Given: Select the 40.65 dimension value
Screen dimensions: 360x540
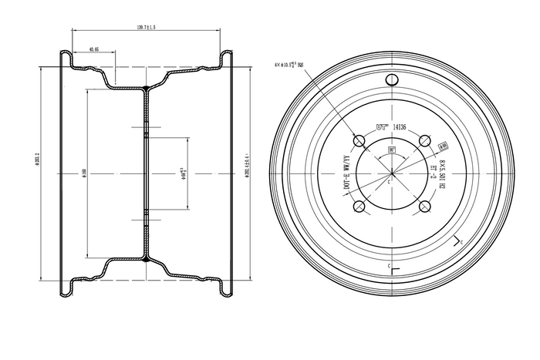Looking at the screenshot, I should pyautogui.click(x=94, y=49).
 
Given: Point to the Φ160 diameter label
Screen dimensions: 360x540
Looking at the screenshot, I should pyautogui.click(x=83, y=173).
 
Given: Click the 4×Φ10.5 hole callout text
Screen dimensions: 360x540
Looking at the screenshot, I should pyautogui.click(x=295, y=66).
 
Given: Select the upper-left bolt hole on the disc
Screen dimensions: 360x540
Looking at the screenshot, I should pyautogui.click(x=359, y=140).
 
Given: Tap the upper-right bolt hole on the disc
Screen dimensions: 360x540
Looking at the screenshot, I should pyautogui.click(x=424, y=140).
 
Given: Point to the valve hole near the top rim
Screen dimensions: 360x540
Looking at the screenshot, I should pyautogui.click(x=392, y=81).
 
